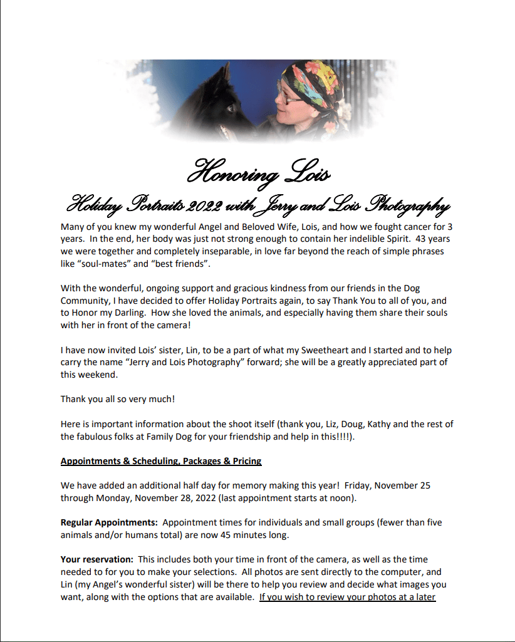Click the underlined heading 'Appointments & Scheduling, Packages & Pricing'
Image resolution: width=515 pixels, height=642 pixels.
click(x=161, y=461)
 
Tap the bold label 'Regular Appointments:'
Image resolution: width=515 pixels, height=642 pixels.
click(x=109, y=522)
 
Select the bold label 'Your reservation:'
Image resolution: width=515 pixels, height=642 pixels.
click(x=97, y=559)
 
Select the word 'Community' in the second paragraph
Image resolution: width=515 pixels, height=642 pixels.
click(x=86, y=301)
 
